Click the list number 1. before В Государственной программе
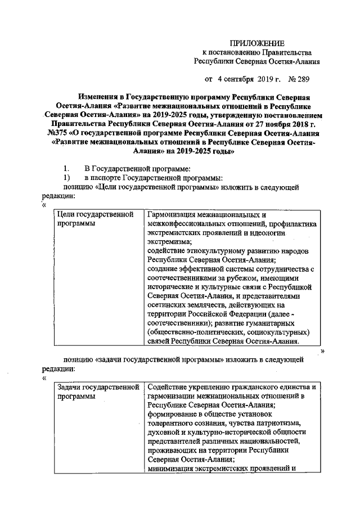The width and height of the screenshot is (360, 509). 66,169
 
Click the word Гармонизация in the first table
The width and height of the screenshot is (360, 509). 173,214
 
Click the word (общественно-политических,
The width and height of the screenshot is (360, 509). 192,332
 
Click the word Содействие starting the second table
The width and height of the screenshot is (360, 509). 168,388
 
